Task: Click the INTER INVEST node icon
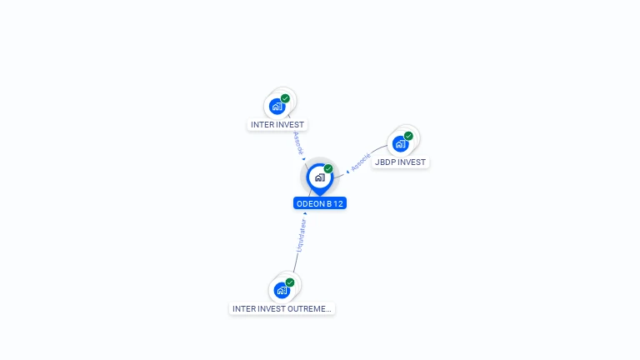(x=277, y=107)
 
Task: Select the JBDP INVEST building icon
(x=401, y=143)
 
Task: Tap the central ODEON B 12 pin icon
(x=319, y=177)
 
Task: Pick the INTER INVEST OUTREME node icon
(x=282, y=291)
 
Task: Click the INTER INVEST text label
(x=277, y=125)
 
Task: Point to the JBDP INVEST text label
(x=400, y=162)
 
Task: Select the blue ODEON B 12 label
(x=320, y=203)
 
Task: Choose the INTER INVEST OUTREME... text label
(x=282, y=308)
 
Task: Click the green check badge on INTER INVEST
(x=286, y=98)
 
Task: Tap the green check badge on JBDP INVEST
(x=408, y=136)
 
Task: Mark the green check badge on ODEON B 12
(x=328, y=169)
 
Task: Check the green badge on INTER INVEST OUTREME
(x=290, y=282)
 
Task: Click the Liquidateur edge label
(x=301, y=236)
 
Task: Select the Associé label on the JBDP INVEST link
(x=360, y=162)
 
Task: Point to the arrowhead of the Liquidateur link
(x=305, y=213)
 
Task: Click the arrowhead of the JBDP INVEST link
(x=347, y=172)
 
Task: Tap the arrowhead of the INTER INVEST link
(x=304, y=159)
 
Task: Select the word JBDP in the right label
(x=384, y=162)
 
